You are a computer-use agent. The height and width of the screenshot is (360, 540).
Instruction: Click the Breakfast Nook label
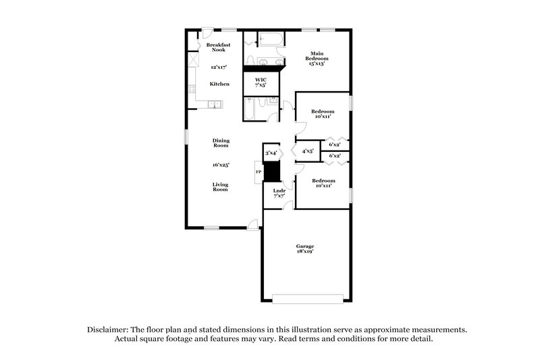tap(219, 47)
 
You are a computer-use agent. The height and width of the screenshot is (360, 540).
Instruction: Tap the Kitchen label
tap(219, 84)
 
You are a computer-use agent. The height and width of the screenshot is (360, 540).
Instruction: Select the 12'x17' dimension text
tap(219, 68)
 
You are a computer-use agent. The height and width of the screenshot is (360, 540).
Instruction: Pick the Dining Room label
tap(221, 143)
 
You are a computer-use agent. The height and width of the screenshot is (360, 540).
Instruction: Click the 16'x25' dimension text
tap(221, 164)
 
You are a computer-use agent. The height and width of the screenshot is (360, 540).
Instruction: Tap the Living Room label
tap(221, 187)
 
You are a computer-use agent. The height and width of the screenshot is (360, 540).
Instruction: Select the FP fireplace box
tap(258, 172)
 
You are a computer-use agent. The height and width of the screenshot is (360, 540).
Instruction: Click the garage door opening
tap(307, 299)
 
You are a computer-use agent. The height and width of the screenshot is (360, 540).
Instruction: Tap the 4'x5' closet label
tap(307, 151)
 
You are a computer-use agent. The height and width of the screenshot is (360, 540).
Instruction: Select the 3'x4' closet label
tap(271, 153)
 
